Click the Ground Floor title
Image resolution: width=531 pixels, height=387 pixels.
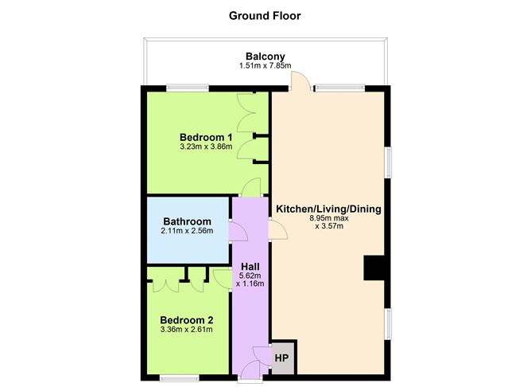[x=265, y=16]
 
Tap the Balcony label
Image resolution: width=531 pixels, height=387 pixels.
[x=265, y=57]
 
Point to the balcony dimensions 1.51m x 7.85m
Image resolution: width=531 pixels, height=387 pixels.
[x=265, y=65]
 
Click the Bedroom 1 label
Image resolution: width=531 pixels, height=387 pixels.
[x=206, y=138]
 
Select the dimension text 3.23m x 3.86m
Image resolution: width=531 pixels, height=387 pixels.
[x=206, y=147]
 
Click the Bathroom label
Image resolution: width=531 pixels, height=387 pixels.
[x=188, y=221]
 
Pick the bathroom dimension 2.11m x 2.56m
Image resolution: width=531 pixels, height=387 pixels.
[x=188, y=231]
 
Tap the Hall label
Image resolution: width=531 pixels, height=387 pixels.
[x=250, y=267]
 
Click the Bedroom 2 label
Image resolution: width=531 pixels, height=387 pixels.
[x=187, y=320]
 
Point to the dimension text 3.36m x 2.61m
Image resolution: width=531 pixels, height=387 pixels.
[x=187, y=330]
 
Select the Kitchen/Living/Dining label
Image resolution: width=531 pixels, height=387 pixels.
[x=328, y=209]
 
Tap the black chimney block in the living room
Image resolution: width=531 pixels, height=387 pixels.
[x=374, y=268]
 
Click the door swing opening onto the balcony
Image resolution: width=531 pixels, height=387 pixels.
[x=300, y=80]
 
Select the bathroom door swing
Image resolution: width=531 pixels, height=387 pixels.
[x=238, y=231]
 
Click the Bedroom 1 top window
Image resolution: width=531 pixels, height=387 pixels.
[x=188, y=88]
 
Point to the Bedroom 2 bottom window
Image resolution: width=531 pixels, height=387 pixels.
[x=180, y=377]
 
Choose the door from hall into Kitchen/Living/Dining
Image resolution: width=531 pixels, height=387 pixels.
[x=278, y=230]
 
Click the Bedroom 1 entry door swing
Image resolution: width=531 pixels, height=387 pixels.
[x=251, y=187]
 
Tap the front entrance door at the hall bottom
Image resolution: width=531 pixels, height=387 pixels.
[x=250, y=369]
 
